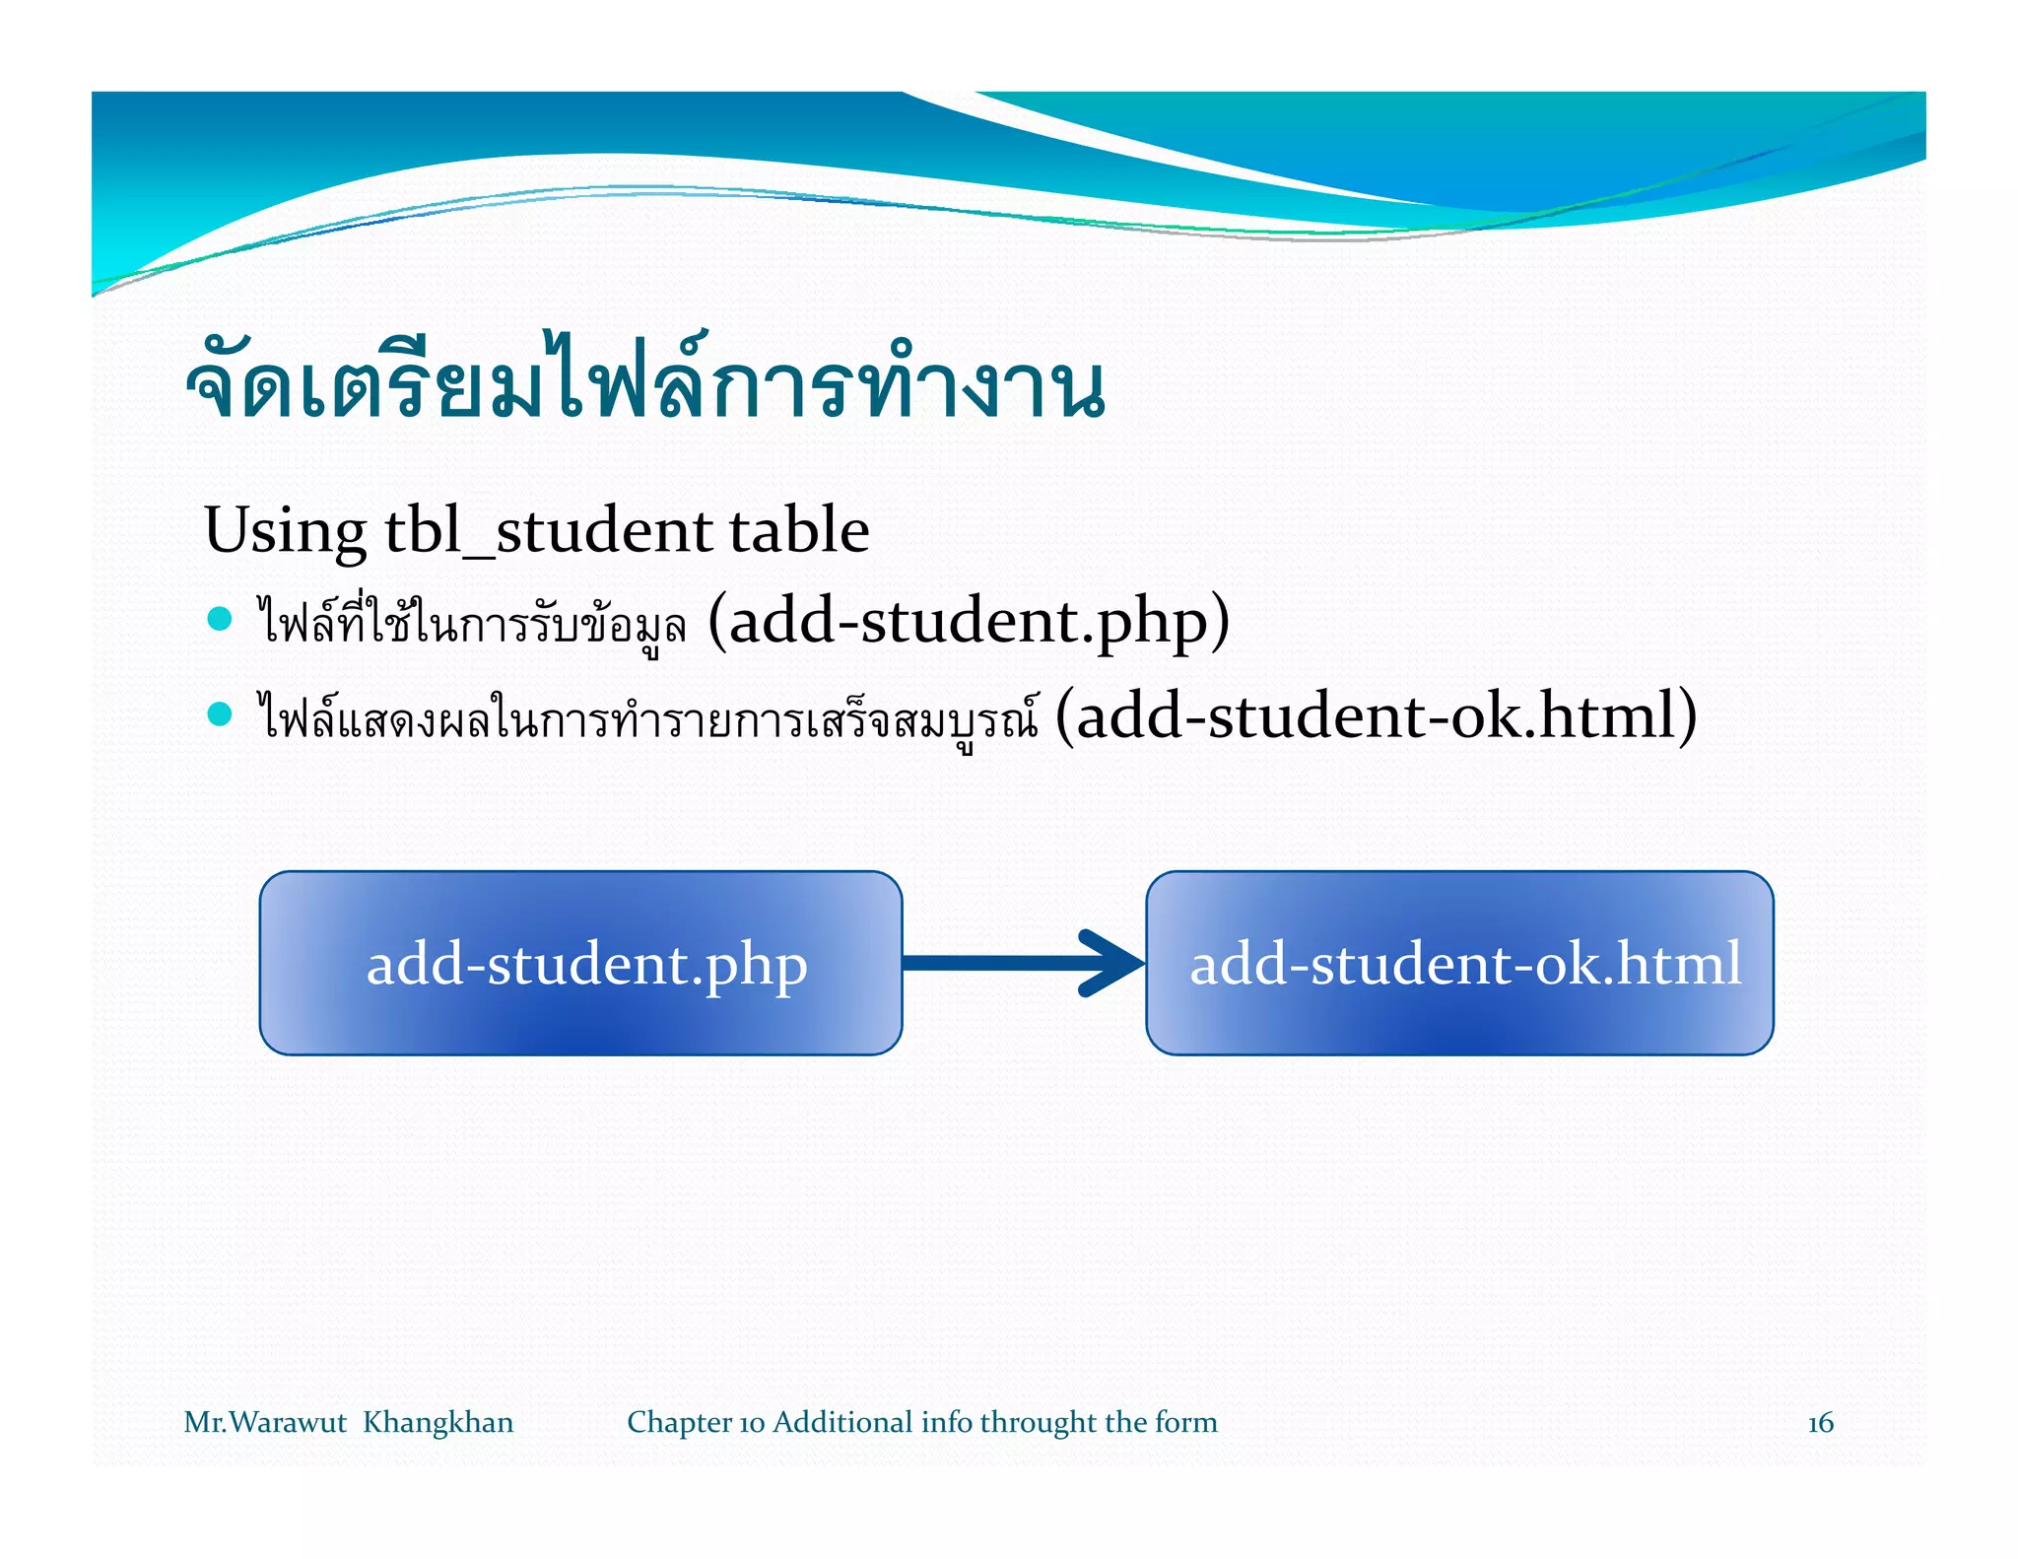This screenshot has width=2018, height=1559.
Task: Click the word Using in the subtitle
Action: click(x=285, y=530)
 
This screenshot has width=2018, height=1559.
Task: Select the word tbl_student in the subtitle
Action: click(x=549, y=530)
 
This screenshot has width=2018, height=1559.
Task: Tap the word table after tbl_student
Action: click(x=799, y=530)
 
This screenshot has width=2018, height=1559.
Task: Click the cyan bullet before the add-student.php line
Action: click(x=220, y=619)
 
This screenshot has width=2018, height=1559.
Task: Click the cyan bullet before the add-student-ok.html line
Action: click(x=220, y=713)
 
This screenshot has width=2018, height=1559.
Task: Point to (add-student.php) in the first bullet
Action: click(x=969, y=621)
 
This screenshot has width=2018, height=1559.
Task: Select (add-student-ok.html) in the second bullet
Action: click(x=1376, y=715)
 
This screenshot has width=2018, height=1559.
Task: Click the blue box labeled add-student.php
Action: click(x=580, y=963)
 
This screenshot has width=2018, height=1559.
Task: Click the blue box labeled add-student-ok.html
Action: click(x=1459, y=963)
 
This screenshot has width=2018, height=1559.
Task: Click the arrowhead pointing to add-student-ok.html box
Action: click(x=1113, y=963)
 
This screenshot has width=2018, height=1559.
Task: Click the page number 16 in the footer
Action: click(x=1820, y=1422)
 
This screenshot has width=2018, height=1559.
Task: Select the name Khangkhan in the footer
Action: click(x=437, y=1422)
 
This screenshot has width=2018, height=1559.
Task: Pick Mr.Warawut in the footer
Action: click(x=265, y=1422)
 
